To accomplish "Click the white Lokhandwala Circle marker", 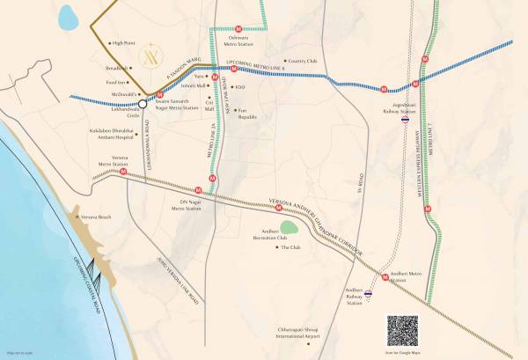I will pos(142,102).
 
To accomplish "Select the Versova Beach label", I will pos(95,217).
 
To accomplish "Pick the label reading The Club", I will pos(290,249).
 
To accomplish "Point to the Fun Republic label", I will pos(247,113).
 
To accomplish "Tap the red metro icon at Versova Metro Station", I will pos(124,173).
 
